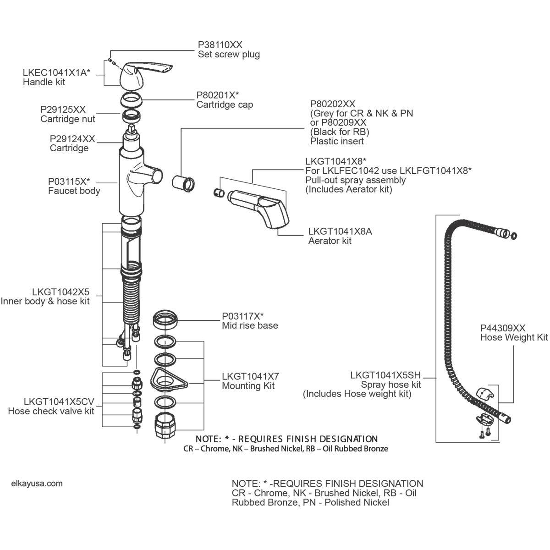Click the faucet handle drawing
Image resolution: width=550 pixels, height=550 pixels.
tap(137, 76)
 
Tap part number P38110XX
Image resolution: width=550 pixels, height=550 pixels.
tap(220, 44)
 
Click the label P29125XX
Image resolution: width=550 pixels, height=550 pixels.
tap(63, 110)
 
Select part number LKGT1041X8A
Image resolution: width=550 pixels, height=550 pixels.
tap(340, 231)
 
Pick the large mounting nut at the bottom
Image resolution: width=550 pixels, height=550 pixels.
tap(166, 425)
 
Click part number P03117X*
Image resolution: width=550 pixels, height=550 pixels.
tap(243, 316)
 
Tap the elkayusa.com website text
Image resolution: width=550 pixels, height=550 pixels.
tap(36, 483)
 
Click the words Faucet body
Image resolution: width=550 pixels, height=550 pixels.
tap(74, 191)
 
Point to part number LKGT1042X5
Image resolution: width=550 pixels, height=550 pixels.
tap(60, 292)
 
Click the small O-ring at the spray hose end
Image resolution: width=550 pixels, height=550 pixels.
tap(514, 236)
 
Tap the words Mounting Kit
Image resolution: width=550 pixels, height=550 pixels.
tap(248, 386)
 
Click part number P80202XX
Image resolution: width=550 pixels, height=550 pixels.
tap(332, 104)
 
